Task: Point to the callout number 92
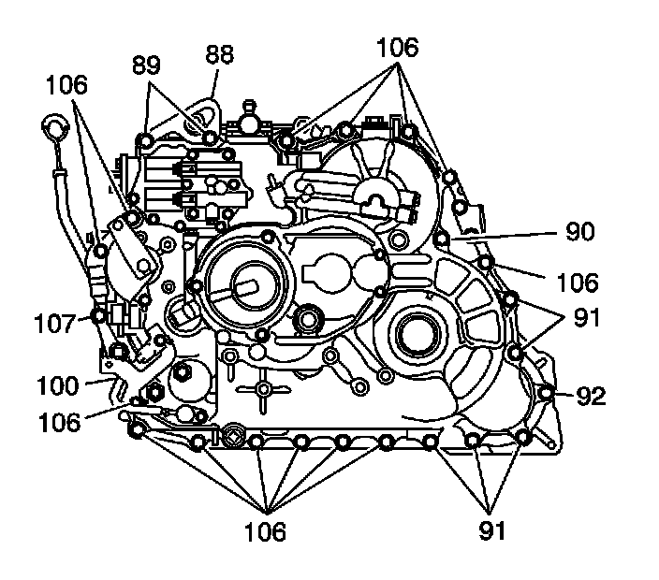click(591, 397)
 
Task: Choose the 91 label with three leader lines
click(491, 531)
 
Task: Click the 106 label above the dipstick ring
click(65, 85)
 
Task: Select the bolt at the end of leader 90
click(442, 239)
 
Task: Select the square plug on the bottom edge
click(232, 436)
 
